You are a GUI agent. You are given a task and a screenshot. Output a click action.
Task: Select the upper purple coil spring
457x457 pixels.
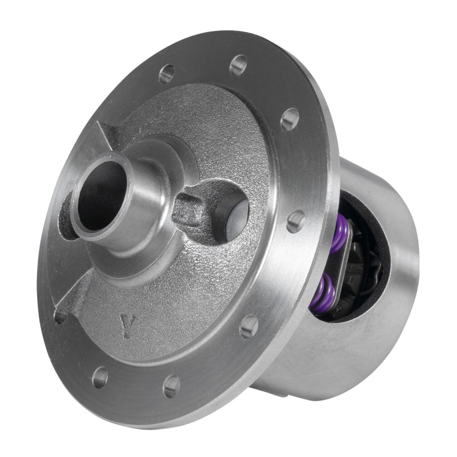[338, 235]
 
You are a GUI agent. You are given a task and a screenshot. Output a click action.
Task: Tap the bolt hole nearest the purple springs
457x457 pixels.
[295, 221]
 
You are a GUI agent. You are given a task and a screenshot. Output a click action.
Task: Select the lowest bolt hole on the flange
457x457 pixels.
[171, 386]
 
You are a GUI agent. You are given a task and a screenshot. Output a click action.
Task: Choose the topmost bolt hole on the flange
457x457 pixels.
[238, 65]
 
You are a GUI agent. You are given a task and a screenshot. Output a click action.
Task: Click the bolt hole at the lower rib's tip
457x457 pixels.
[60, 316]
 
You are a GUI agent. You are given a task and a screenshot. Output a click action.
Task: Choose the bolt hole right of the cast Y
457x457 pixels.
[248, 326]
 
